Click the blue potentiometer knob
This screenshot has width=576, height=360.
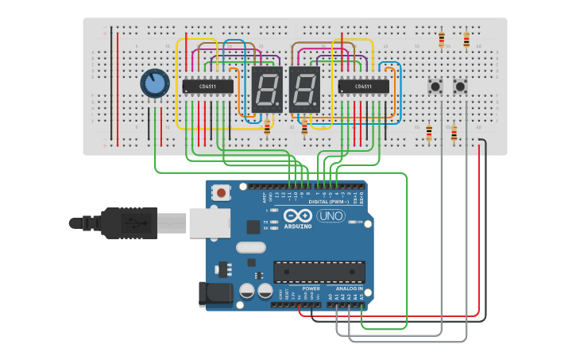(x=155, y=83)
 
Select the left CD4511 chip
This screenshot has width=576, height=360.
(x=208, y=86)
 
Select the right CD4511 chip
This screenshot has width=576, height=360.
(x=363, y=86)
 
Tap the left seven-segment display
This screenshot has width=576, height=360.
(x=266, y=88)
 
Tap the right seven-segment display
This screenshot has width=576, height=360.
(x=304, y=88)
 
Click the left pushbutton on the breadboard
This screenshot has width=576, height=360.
(x=435, y=86)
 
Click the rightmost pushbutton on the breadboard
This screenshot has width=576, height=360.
(x=460, y=86)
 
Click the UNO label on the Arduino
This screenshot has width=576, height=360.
(x=331, y=215)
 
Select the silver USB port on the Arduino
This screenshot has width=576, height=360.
(x=209, y=223)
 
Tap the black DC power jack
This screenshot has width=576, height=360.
(x=215, y=293)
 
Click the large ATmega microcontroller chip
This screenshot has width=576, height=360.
(x=319, y=271)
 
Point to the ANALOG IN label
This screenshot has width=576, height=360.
(x=344, y=288)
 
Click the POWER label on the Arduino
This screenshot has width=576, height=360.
(x=300, y=288)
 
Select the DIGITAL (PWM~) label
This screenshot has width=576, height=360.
(x=315, y=202)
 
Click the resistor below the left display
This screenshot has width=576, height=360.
(x=267, y=127)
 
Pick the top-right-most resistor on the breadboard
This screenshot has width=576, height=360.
(x=466, y=40)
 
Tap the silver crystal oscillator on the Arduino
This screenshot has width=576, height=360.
(x=250, y=247)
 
